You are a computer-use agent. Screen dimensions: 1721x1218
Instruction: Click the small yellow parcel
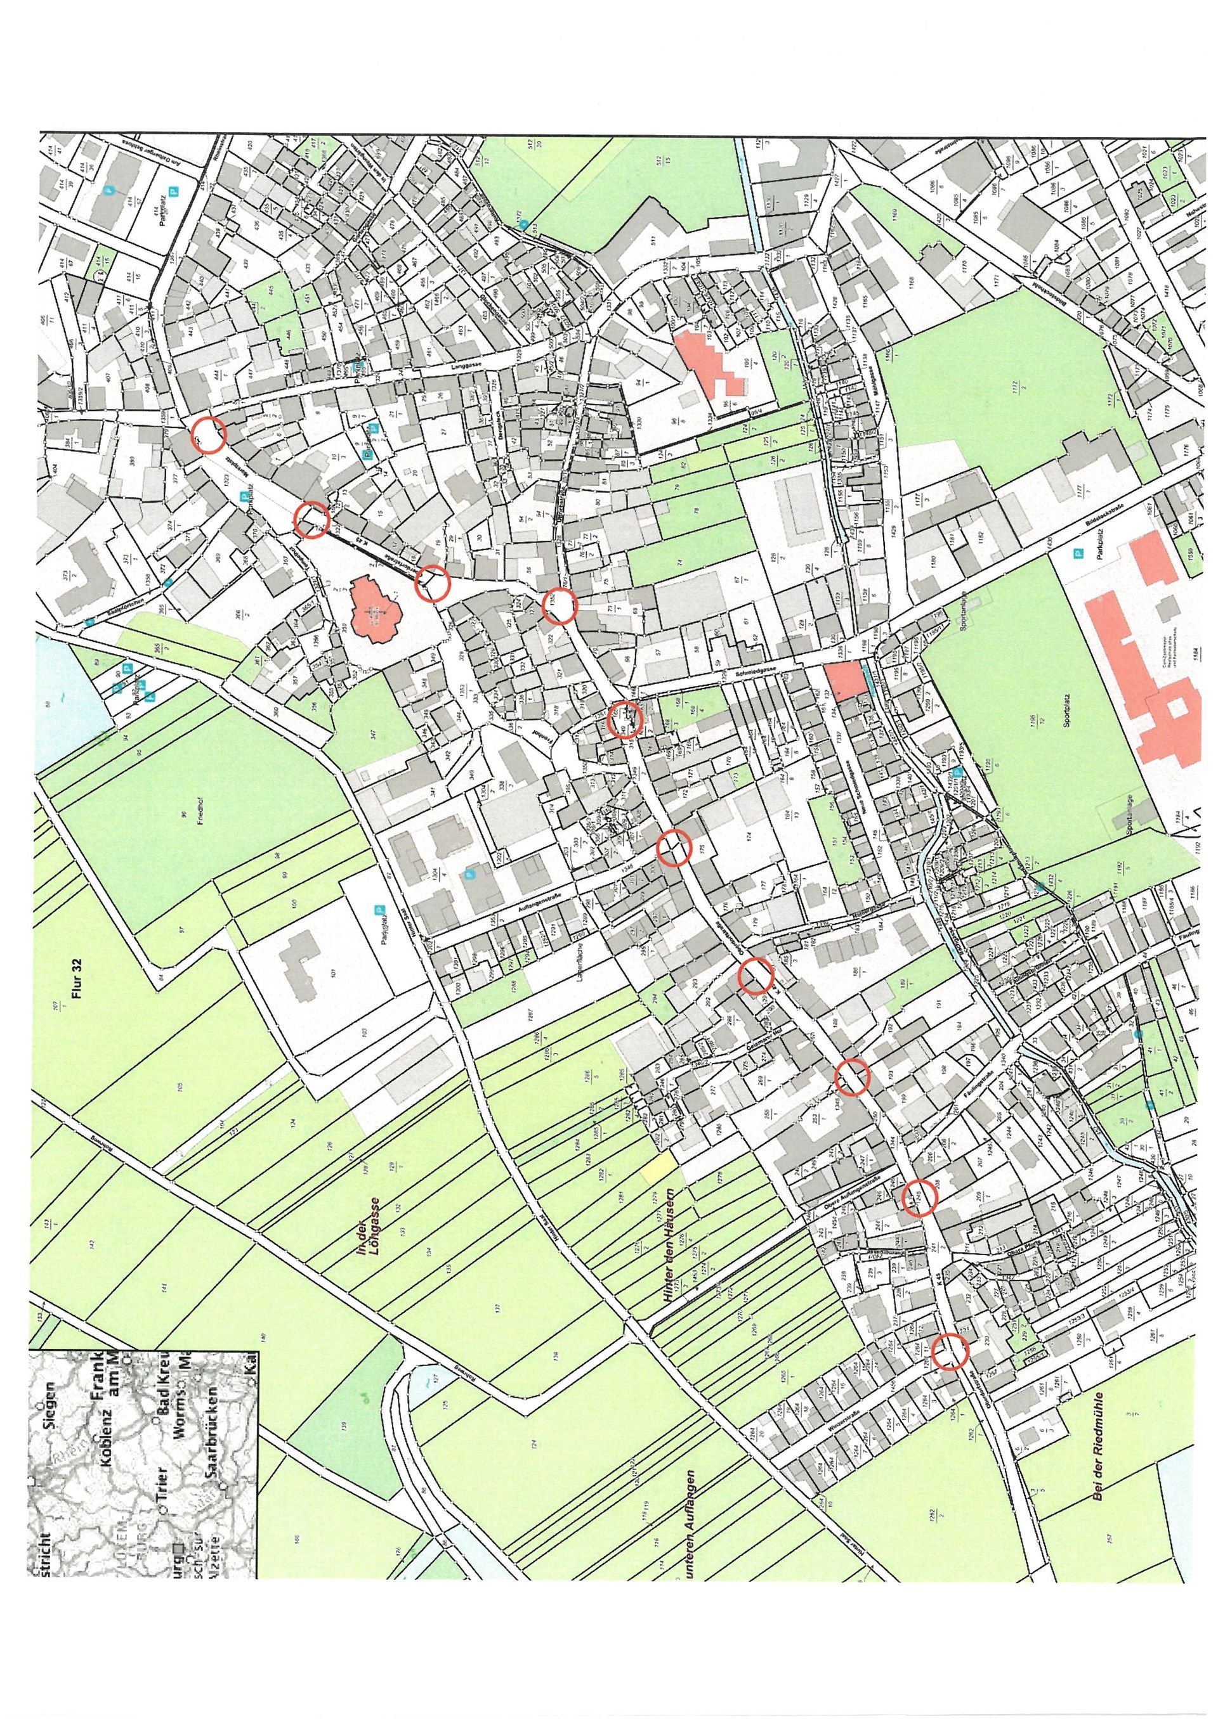(660, 1167)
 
